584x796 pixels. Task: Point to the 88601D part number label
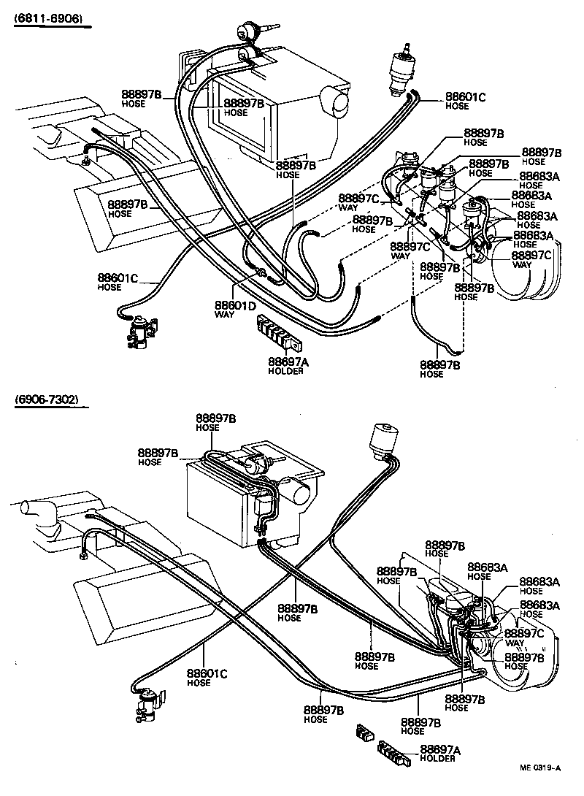click(x=235, y=305)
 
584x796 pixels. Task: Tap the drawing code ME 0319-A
click(x=541, y=768)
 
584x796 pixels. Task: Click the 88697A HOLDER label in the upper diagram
click(x=285, y=365)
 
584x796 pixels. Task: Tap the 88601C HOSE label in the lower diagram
click(x=207, y=677)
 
